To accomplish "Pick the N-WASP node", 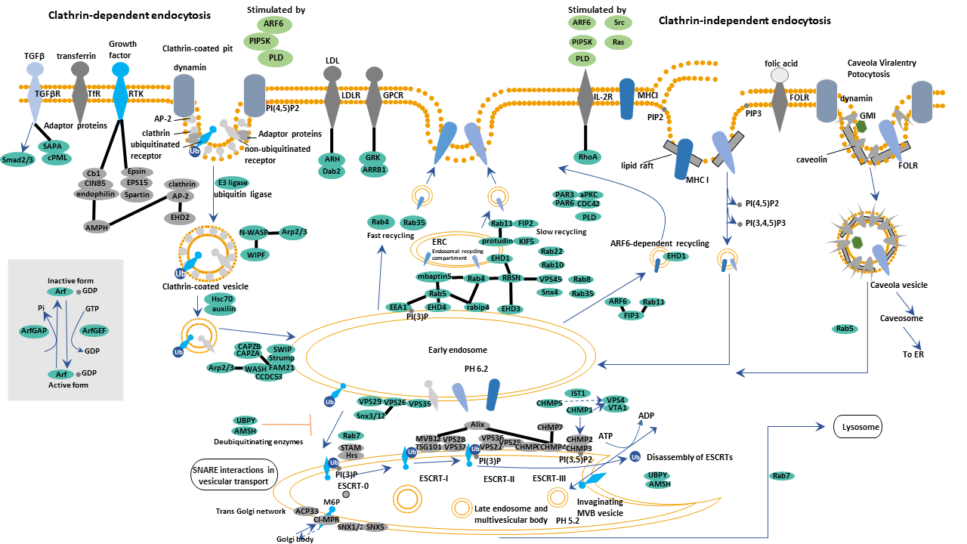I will [255, 233].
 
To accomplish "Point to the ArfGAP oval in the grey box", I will [36, 330].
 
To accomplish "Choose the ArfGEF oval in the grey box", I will [95, 330].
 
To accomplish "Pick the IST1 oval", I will [579, 394].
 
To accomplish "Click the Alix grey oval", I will [476, 425].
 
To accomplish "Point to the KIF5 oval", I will [527, 241].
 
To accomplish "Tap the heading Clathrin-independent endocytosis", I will [744, 20].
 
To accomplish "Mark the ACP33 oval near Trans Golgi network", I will [307, 511].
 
